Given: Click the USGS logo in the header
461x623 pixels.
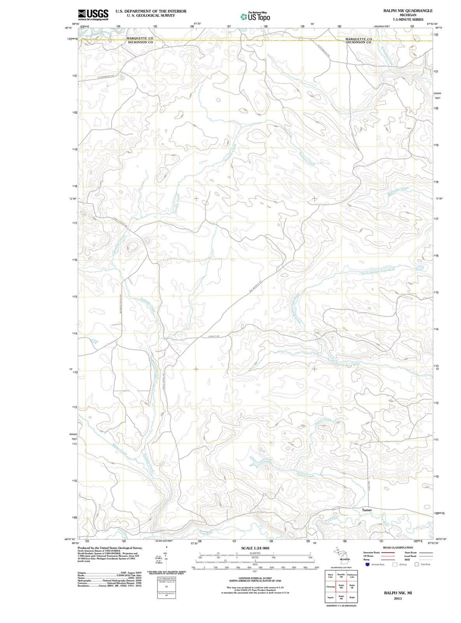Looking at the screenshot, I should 93,15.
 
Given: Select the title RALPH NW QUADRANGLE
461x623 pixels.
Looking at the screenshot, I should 408,11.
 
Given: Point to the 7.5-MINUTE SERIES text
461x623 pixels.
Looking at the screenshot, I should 408,20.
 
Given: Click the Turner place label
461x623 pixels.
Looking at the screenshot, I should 367,510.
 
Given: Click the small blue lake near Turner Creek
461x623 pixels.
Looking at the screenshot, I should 258,462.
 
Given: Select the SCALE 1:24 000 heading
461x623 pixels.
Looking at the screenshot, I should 255,548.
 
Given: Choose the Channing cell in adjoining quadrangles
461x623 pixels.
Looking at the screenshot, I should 330,586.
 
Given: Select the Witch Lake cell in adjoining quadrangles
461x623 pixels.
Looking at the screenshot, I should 330,576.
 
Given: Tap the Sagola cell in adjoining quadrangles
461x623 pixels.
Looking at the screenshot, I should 330,597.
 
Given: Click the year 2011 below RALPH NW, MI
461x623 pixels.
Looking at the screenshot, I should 398,598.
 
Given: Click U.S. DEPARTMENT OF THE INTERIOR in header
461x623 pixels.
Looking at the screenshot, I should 151,11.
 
